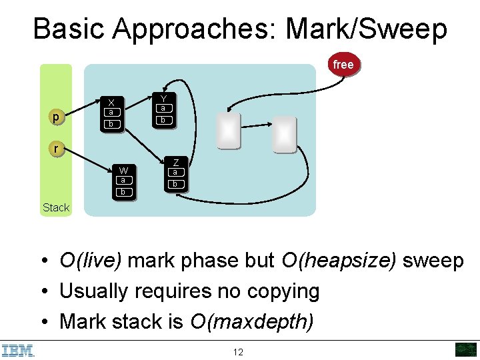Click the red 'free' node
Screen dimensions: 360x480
pos(343,65)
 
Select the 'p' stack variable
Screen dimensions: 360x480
pos(56,118)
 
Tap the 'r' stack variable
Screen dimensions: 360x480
pos(56,149)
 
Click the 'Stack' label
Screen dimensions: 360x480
pos(56,207)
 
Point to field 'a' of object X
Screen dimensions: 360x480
pos(112,113)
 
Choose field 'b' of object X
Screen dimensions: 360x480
pos(112,124)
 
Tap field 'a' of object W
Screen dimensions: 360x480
pos(123,180)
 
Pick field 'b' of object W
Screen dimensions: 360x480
pos(123,192)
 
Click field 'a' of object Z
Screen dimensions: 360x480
pos(175,172)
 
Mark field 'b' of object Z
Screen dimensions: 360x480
pos(175,184)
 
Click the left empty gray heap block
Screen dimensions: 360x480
pos(228,130)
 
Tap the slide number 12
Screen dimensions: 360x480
pos(238,352)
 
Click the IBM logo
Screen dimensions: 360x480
pos(18,350)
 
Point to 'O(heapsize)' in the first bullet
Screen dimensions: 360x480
pos(341,261)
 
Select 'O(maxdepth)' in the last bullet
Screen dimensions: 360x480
pos(251,321)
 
